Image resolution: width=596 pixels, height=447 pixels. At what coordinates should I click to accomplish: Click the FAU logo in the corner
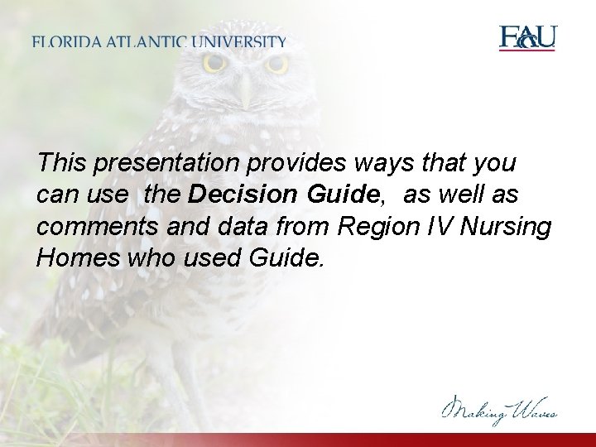527,38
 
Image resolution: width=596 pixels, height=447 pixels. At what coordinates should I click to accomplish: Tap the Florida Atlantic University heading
160,41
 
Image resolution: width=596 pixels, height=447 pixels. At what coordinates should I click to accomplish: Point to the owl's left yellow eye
215,63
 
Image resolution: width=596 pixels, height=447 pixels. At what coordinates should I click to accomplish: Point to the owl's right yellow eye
276,64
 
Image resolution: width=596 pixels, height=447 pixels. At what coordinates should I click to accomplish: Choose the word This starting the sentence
62,163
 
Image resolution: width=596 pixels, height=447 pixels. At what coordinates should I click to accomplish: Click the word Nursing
512,227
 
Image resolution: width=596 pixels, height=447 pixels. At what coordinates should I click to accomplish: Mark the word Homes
76,257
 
